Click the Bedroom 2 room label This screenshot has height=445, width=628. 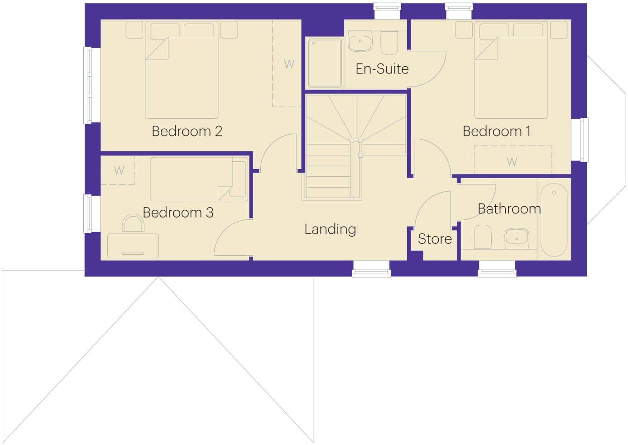(x=187, y=131)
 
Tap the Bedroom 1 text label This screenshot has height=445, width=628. (x=497, y=131)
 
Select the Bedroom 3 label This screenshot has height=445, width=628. (x=178, y=213)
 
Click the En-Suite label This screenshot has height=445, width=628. (x=382, y=69)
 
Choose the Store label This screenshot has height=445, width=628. (x=435, y=239)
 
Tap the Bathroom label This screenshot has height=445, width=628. (x=509, y=209)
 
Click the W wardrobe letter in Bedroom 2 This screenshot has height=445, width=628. (x=289, y=64)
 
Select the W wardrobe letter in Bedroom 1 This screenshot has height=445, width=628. (x=512, y=162)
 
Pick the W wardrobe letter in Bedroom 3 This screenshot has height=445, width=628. (x=119, y=170)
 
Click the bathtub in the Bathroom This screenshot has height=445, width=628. (x=554, y=220)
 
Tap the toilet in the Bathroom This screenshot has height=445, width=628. (x=483, y=237)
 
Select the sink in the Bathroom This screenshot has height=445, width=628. (x=517, y=238)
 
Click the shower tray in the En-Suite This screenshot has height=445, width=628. (x=325, y=63)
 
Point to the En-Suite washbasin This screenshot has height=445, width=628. (x=360, y=41)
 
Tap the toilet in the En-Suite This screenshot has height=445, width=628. (x=389, y=42)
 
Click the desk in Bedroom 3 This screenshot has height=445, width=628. (x=133, y=246)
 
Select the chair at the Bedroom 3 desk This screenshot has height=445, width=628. (x=133, y=223)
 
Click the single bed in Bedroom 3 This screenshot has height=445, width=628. (x=199, y=179)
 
